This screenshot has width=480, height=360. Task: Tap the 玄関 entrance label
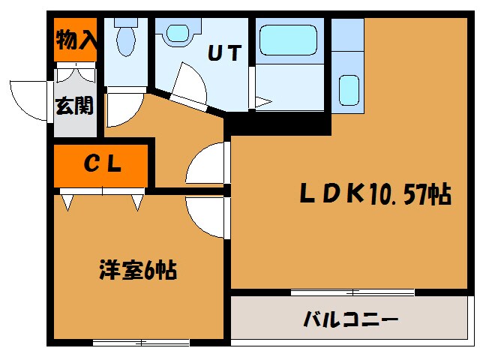point(74,105)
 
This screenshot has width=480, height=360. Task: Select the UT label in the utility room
point(224,54)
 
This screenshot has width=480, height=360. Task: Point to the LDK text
point(332,195)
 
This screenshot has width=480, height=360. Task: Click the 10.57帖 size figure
point(409,195)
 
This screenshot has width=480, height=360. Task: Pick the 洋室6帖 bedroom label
point(138,269)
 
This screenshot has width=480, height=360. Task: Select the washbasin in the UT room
point(178,33)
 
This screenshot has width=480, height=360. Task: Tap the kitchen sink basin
point(348,90)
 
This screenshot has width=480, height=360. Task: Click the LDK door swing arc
point(206,163)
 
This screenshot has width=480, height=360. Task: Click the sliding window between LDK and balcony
point(352,292)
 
